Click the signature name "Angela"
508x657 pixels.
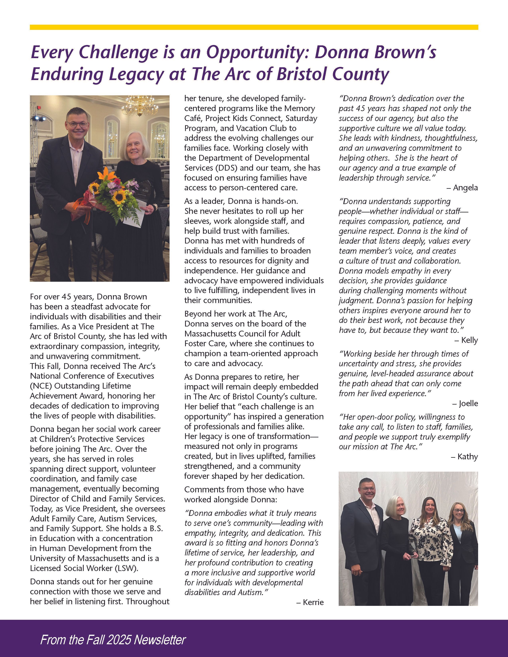(465, 188)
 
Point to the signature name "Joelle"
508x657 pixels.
(468, 403)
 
